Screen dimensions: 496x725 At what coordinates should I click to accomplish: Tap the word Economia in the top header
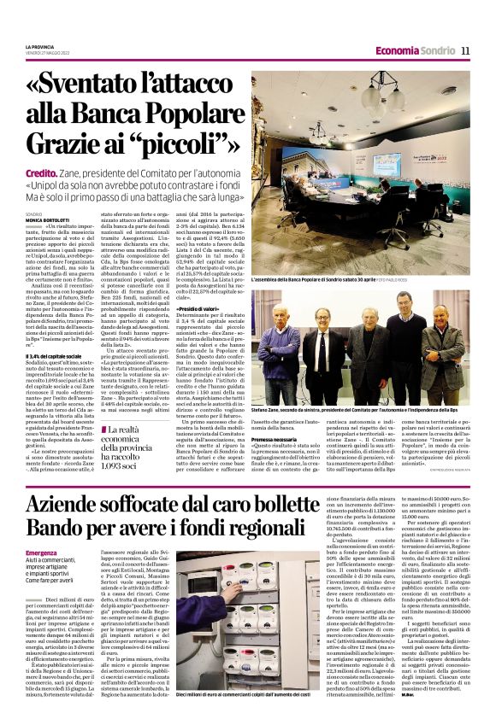[398, 50]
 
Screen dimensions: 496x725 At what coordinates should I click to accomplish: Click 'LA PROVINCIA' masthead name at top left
[39, 47]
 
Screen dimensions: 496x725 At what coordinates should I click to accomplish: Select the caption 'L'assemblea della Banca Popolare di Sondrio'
[308, 279]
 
